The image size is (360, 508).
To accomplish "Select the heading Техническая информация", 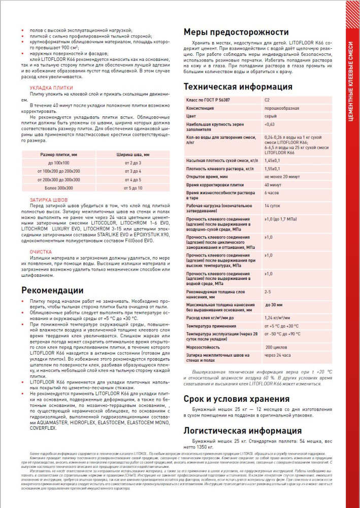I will tap(238, 86).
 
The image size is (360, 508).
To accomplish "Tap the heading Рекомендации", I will tap(52, 290).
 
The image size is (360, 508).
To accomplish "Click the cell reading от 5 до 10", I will tap(133, 188).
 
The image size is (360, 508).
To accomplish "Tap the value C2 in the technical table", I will tap(268, 100).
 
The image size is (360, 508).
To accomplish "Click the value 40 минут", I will tap(273, 185).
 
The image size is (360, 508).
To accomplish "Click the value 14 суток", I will tap(272, 205).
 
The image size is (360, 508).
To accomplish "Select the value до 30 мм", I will tap(274, 305).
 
